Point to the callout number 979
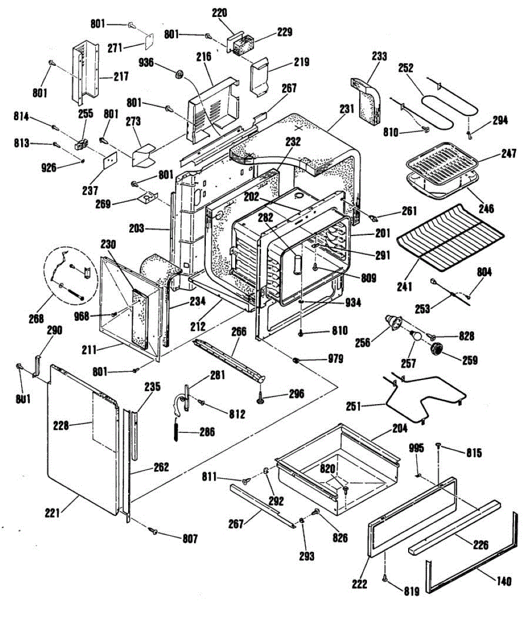[335, 359]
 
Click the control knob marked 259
[438, 350]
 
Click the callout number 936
[146, 62]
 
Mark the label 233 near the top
[379, 56]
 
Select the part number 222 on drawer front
[360, 584]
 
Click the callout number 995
[416, 448]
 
